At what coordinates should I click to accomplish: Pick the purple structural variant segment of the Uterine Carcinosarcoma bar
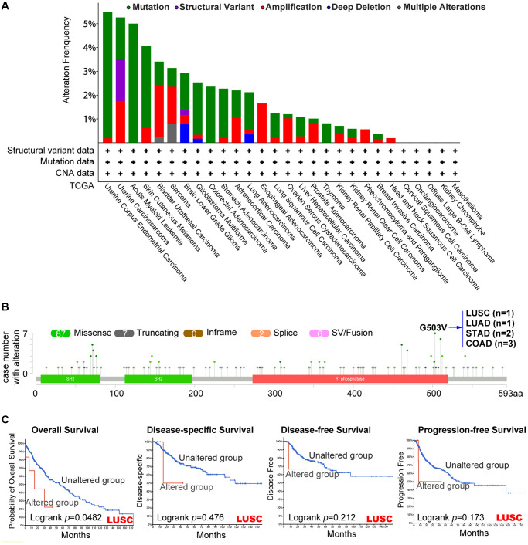point(121,80)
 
